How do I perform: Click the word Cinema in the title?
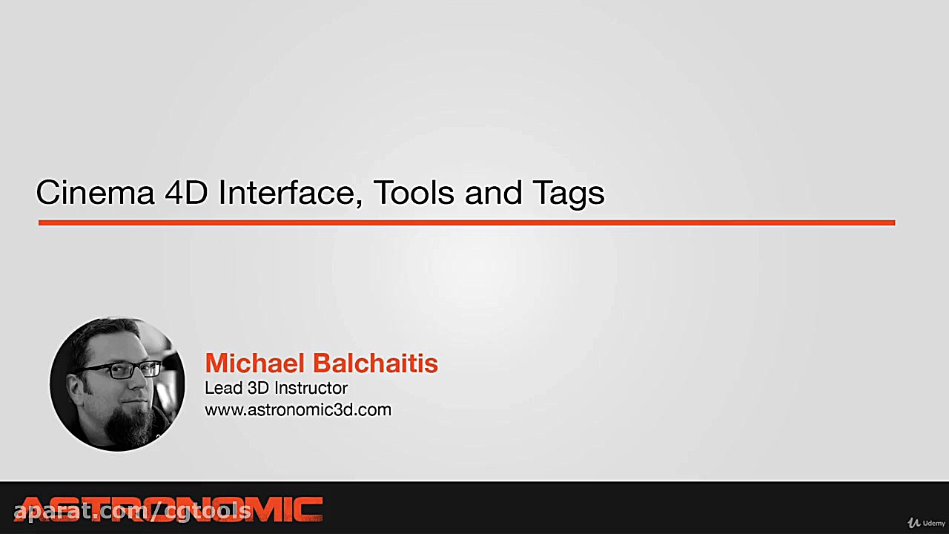pyautogui.click(x=95, y=193)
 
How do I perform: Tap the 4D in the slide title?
pyautogui.click(x=186, y=193)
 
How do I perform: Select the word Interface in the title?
pyautogui.click(x=291, y=193)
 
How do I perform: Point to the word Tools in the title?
pyautogui.click(x=414, y=193)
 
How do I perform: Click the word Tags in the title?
pyautogui.click(x=568, y=194)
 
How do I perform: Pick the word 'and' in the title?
pyautogui.click(x=493, y=193)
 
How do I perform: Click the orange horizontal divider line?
pyautogui.click(x=466, y=222)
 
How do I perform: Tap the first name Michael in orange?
pyautogui.click(x=254, y=363)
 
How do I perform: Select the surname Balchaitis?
pyautogui.click(x=375, y=363)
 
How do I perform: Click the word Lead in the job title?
pyautogui.click(x=224, y=388)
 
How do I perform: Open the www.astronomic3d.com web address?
pyautogui.click(x=298, y=410)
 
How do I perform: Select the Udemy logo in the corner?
pyautogui.click(x=926, y=523)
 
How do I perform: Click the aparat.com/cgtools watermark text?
pyautogui.click(x=132, y=512)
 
